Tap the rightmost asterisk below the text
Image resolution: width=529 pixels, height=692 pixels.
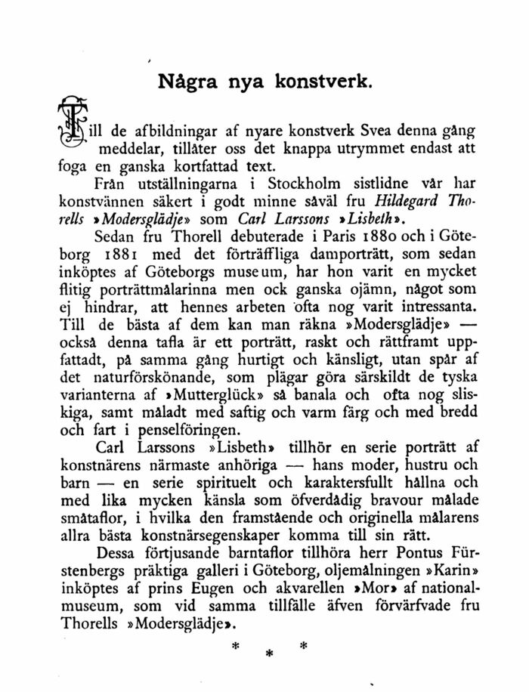coord(304,646)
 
